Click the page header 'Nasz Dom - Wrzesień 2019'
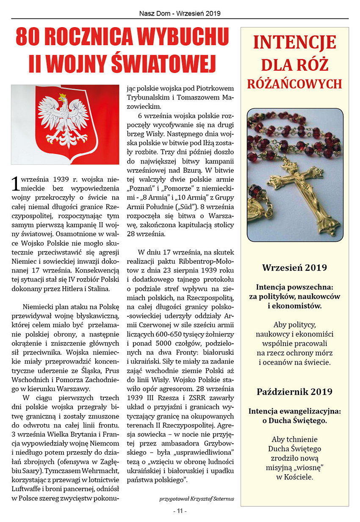click(x=180, y=13)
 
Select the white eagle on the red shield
click(x=64, y=121)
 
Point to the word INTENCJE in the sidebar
click(x=294, y=42)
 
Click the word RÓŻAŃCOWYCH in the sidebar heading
click(x=294, y=83)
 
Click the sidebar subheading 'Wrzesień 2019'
click(x=294, y=268)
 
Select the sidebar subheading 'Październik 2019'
click(x=294, y=391)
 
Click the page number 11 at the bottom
click(x=180, y=511)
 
